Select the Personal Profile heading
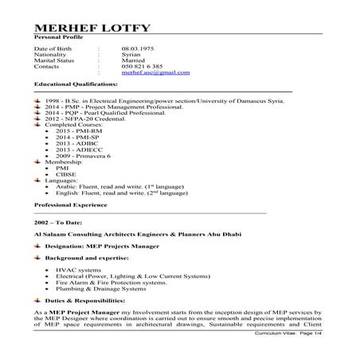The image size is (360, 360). (x=60, y=37)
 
